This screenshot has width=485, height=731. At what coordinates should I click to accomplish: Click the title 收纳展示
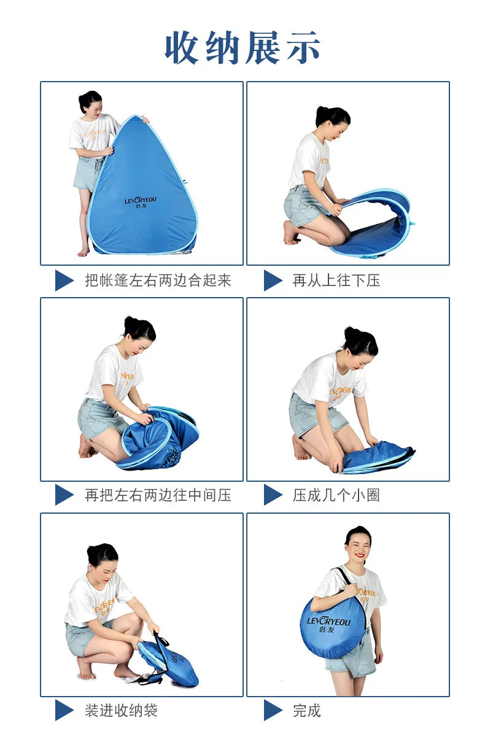[242, 48]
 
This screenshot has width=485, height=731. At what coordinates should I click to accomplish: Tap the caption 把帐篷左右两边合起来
[158, 280]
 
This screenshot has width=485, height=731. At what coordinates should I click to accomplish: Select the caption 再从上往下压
[336, 280]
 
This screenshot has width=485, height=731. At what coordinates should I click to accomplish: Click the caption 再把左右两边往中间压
[158, 495]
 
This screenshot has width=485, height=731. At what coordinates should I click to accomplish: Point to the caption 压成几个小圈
[336, 495]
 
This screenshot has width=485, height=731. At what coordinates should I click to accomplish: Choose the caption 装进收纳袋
[122, 711]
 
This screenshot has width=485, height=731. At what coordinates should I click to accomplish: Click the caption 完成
[307, 711]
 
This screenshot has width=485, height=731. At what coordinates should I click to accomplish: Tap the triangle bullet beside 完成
[273, 711]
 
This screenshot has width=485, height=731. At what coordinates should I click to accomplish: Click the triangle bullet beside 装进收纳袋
[64, 711]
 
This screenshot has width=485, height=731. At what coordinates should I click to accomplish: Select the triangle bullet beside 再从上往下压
[273, 280]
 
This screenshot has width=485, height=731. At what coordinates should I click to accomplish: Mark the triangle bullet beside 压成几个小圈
[273, 495]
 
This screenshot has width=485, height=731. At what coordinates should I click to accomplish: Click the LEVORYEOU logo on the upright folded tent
[141, 203]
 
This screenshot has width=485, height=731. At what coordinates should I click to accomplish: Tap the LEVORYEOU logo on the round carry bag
[329, 625]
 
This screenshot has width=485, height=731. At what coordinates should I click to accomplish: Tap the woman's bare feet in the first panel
[84, 251]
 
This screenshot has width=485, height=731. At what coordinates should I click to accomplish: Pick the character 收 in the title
[182, 48]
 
